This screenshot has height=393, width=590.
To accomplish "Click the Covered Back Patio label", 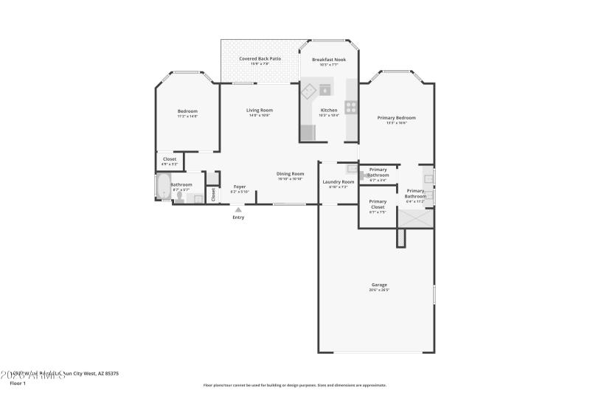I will [x=260, y=58].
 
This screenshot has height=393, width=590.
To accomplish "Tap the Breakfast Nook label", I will [x=328, y=59].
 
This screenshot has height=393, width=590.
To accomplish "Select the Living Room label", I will [x=260, y=110].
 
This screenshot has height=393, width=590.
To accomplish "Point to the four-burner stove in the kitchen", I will [x=351, y=107].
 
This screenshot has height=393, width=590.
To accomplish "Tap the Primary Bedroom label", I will [x=396, y=117].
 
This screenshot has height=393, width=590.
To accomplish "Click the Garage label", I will [x=379, y=285].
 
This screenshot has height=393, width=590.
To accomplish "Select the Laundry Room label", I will [x=339, y=181].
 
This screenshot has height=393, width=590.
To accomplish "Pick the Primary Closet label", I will [x=378, y=204].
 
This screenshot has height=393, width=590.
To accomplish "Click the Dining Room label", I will [x=290, y=173].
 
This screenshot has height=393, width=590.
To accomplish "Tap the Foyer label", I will [x=239, y=187].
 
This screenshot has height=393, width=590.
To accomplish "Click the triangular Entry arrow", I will [x=237, y=209].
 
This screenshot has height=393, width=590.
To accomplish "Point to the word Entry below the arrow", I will [x=238, y=218].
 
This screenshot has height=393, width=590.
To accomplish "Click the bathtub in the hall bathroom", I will [x=163, y=187].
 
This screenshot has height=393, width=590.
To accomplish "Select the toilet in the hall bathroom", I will [x=179, y=198].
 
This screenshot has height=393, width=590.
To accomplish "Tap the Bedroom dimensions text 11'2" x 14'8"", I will [x=187, y=116].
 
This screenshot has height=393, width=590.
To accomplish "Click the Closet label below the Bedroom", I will [x=170, y=159].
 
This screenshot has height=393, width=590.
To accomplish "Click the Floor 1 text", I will [x=18, y=383].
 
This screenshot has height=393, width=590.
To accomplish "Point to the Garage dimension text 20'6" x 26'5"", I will [x=379, y=290].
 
